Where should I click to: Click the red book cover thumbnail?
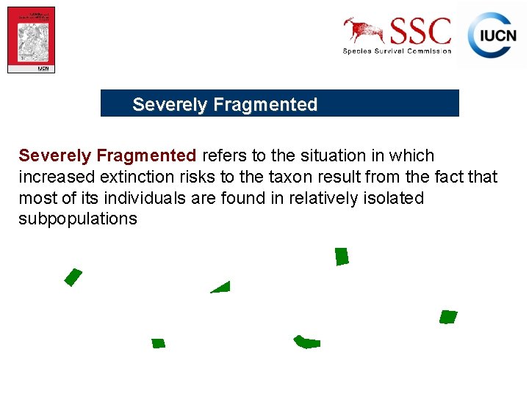31,40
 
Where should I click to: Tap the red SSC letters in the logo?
420,32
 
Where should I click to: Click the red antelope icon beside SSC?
364,31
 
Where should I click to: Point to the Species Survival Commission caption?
397,51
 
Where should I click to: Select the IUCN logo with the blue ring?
492,35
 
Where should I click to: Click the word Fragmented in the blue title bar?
265,105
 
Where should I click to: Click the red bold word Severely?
54,156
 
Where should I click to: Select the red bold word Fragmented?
146,156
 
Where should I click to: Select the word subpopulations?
78,219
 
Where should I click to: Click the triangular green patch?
222,288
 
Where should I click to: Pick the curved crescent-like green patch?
306,342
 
